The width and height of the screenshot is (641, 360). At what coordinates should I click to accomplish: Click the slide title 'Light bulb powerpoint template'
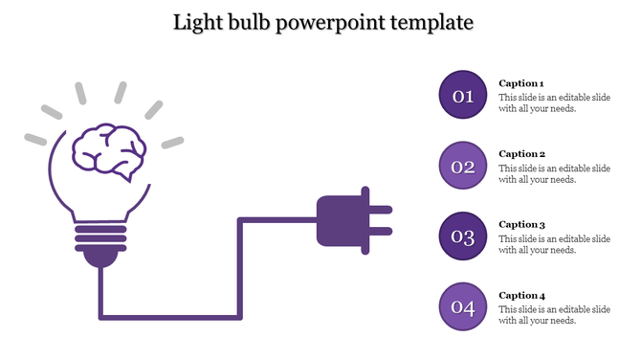(x=322, y=21)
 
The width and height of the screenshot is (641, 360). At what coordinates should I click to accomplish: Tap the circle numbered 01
(x=463, y=95)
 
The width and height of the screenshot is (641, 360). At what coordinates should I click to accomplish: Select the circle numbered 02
(x=463, y=167)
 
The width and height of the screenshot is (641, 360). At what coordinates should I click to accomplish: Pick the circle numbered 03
(x=463, y=237)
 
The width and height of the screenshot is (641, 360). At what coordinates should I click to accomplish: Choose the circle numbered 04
(x=463, y=307)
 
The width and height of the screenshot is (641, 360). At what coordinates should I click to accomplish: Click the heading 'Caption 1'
(x=521, y=83)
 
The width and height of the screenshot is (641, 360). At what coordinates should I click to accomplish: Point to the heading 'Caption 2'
(x=521, y=154)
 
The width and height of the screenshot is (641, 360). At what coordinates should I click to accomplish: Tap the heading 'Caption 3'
(x=521, y=224)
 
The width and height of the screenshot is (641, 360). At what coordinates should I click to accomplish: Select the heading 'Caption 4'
(x=521, y=295)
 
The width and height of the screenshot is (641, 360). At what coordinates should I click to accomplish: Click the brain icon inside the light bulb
(x=109, y=151)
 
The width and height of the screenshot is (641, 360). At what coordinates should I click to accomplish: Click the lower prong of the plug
(x=380, y=231)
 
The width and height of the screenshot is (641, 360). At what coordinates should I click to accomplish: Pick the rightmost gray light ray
(x=172, y=143)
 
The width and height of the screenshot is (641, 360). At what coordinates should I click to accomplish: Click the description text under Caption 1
(x=554, y=102)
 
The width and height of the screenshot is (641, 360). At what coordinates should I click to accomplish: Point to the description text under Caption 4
(x=554, y=314)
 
